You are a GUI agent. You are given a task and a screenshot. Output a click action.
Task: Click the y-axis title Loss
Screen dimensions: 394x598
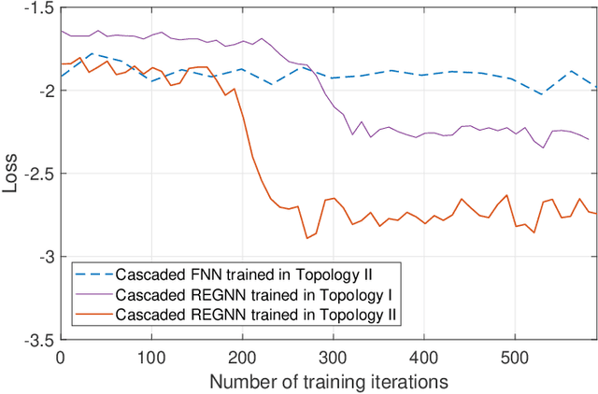[x=10, y=173]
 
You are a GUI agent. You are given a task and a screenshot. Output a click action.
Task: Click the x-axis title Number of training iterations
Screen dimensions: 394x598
[x=328, y=381]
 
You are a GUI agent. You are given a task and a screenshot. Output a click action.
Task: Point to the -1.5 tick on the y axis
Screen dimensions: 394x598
[x=38, y=7]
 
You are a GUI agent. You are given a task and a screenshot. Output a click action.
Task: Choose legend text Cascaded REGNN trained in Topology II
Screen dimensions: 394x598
[x=258, y=315]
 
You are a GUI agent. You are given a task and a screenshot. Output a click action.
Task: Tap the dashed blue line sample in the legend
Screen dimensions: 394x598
[x=93, y=275]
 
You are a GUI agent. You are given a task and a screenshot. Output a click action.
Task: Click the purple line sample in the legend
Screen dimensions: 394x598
[x=93, y=295]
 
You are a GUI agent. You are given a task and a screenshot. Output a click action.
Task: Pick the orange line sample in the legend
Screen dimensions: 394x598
[x=93, y=315]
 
